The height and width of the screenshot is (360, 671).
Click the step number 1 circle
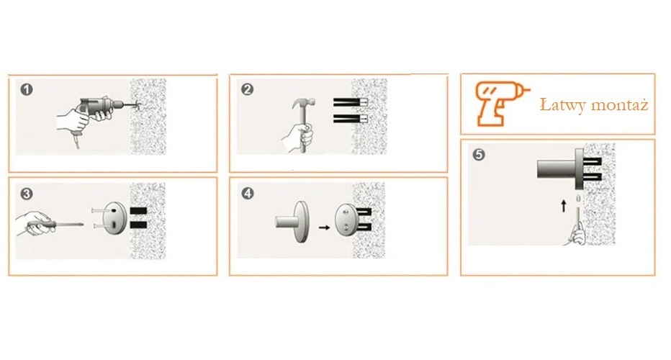pos(27,89)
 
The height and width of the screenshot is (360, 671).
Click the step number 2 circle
pos(248,89)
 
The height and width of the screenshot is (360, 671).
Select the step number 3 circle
pos(27,194)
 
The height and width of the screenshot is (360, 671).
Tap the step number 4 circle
pos(248,194)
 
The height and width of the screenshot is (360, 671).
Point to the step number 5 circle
pos(479,154)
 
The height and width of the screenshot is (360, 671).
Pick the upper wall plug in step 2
pos(351,102)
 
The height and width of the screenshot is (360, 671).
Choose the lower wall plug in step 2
pos(351,118)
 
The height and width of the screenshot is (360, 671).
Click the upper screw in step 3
pos(99,211)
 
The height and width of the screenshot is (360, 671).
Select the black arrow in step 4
pos(325,228)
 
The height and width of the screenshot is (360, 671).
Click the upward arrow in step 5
pos(564,206)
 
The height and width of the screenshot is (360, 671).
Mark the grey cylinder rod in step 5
pos(557,168)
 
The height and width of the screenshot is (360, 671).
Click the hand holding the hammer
pos(299,138)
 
